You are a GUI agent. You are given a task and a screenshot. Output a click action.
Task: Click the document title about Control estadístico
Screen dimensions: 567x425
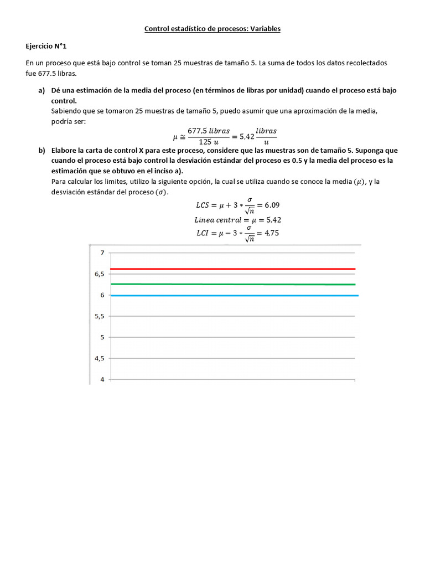coord(212,28)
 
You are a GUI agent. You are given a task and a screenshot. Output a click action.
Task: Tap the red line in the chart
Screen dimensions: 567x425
coord(232,269)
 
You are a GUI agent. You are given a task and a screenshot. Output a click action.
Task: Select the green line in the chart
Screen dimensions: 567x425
coord(232,284)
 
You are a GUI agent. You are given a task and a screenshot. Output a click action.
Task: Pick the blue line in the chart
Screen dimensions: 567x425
coord(232,296)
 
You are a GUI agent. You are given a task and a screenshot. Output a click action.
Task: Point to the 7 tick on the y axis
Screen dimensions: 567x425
coord(102,253)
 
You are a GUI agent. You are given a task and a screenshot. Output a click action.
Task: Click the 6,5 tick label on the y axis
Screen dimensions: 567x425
coord(99,274)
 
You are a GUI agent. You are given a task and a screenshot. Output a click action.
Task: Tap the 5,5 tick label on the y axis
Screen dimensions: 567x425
coord(99,316)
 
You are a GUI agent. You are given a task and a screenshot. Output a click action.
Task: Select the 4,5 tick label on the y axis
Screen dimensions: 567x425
coord(99,358)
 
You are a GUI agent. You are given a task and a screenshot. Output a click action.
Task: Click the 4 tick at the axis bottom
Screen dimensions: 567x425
coord(102,379)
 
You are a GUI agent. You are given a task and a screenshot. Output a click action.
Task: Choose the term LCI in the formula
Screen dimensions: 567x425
coord(203,233)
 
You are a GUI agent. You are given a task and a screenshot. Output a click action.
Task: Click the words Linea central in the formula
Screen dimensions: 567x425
coord(211,219)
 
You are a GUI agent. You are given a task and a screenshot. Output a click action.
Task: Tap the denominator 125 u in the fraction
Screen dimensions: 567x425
coord(209,142)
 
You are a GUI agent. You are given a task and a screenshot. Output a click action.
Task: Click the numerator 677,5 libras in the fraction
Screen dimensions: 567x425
coord(209,131)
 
